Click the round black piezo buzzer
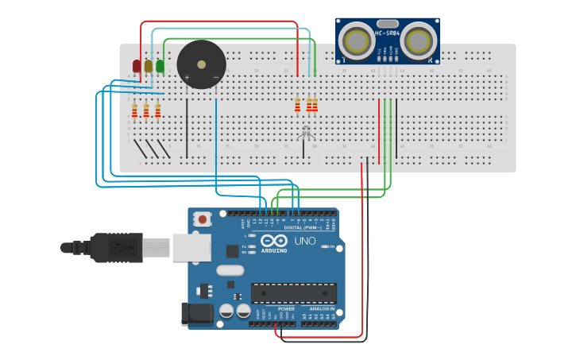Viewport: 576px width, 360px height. click(201, 64)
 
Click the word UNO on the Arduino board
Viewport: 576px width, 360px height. click(305, 241)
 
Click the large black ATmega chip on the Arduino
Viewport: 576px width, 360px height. click(293, 292)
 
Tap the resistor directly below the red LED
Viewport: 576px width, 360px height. click(134, 110)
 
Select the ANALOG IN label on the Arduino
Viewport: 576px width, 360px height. click(322, 308)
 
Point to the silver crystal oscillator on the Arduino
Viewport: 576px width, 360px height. click(230, 270)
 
